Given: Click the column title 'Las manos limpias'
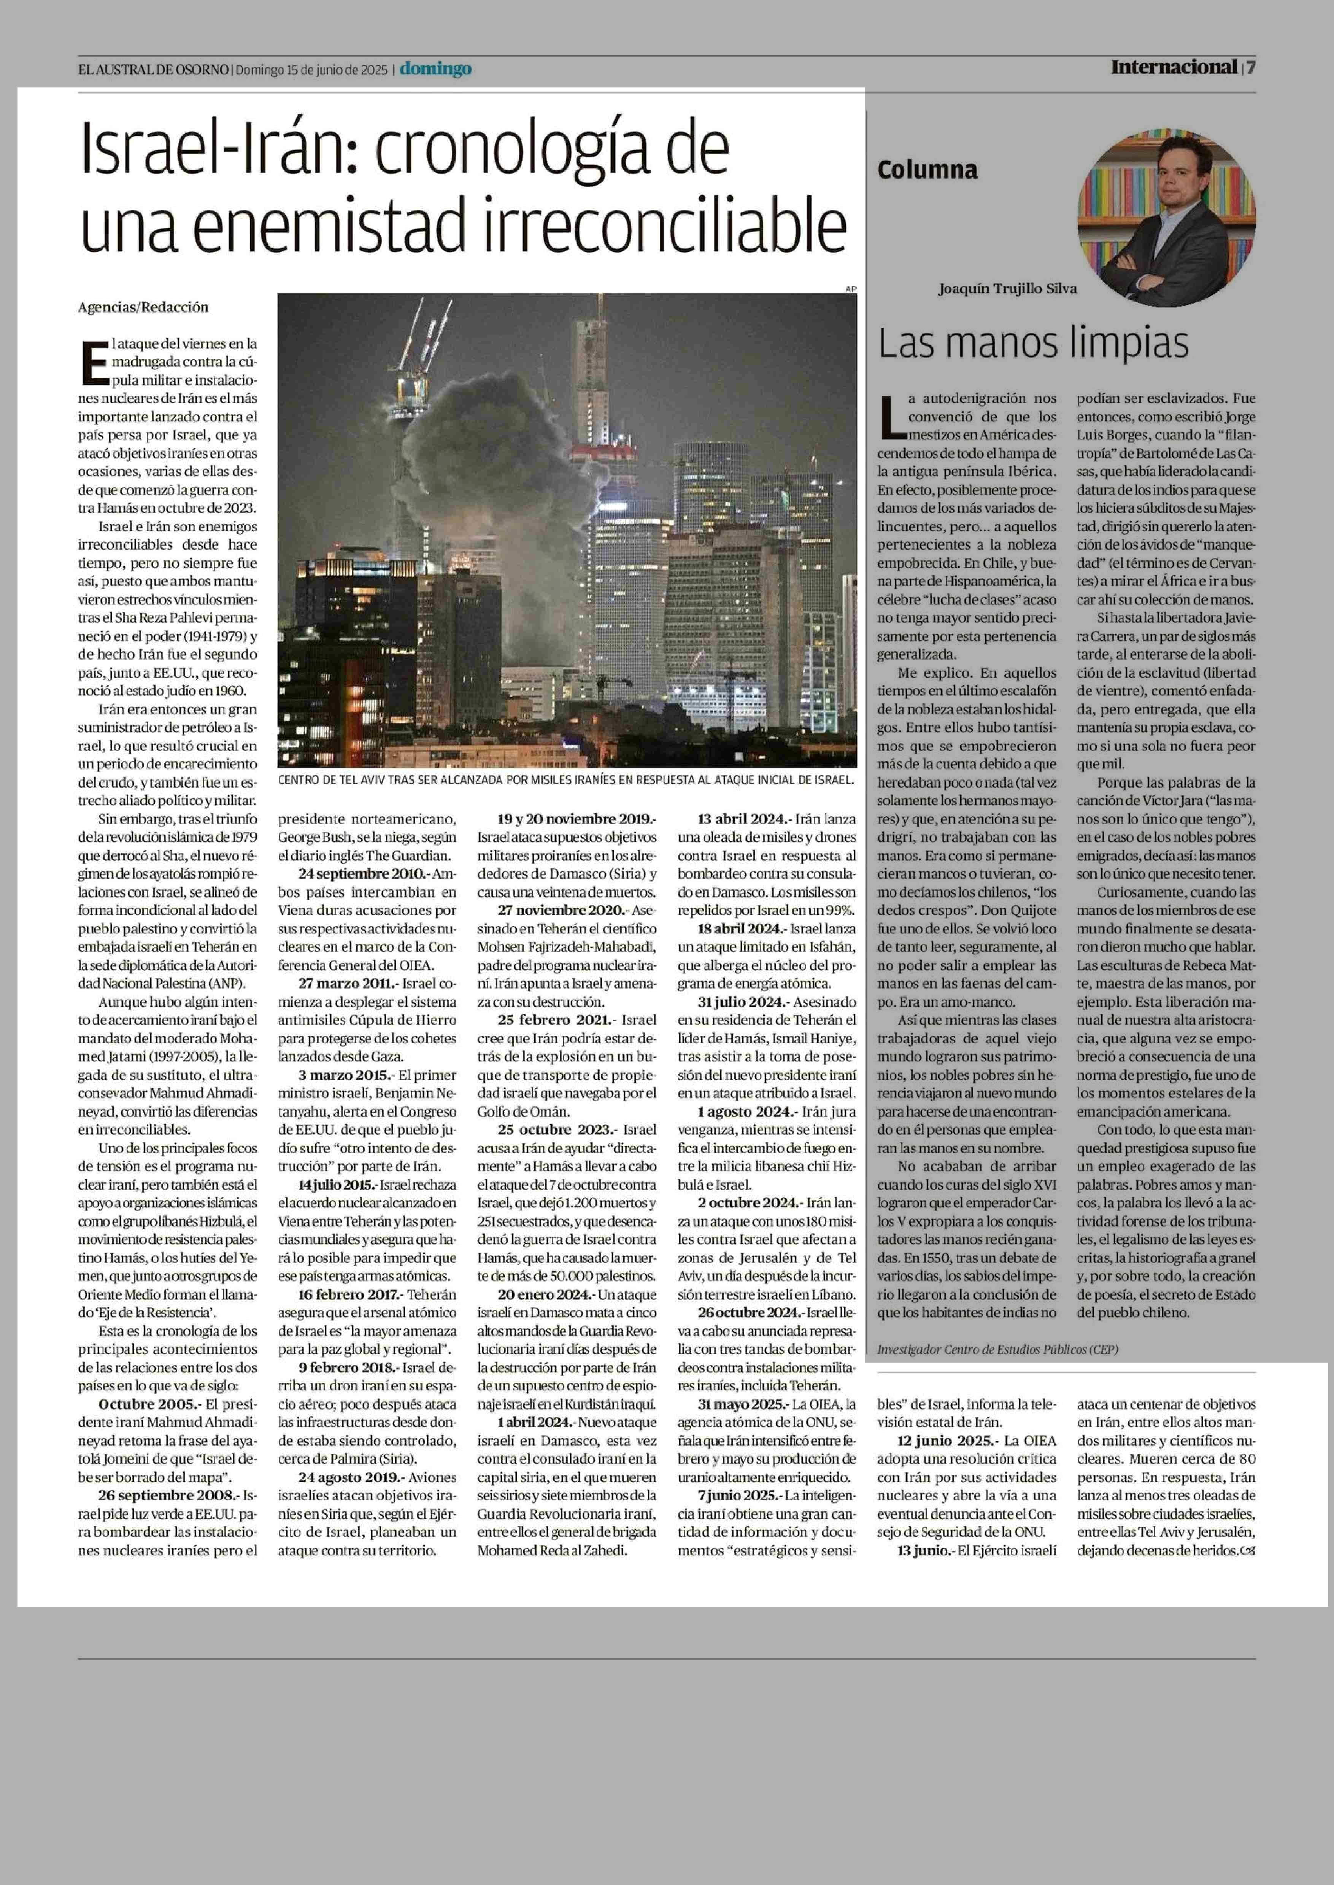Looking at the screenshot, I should [1033, 344].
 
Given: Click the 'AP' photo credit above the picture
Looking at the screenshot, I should [850, 288].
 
